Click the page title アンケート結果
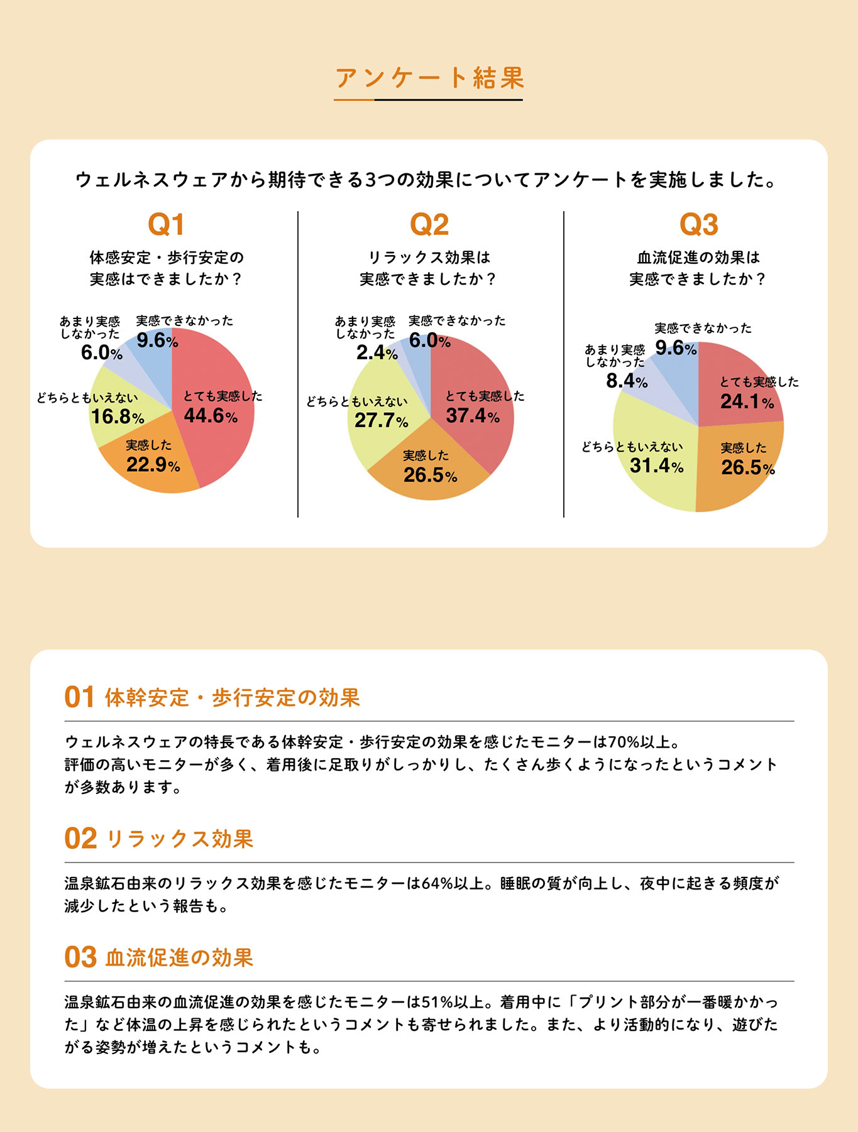click(x=429, y=78)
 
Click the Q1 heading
click(x=166, y=225)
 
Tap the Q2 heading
click(x=429, y=225)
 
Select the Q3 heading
click(x=698, y=225)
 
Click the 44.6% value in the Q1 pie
click(x=211, y=415)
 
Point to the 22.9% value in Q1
click(x=153, y=465)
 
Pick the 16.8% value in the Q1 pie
click(x=118, y=416)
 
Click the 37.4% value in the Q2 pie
click(x=473, y=415)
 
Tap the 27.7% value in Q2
click(x=381, y=420)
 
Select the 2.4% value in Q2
click(x=377, y=353)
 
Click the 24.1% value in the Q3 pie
click(x=747, y=401)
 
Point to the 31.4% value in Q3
click(x=656, y=465)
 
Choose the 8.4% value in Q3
click(x=626, y=381)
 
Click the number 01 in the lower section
click(x=79, y=697)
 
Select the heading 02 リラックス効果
click(x=159, y=839)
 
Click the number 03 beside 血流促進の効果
click(x=80, y=957)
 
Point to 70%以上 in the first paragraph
click(x=642, y=742)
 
